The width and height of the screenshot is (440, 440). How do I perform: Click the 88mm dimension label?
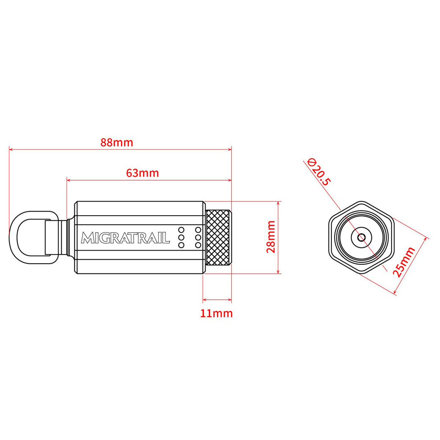(117, 143)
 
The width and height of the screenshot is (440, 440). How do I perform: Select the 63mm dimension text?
(142, 173)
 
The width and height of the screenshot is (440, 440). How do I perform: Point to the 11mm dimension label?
(217, 313)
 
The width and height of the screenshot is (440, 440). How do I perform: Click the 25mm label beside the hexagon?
(404, 262)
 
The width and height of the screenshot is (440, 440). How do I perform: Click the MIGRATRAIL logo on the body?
(125, 238)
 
